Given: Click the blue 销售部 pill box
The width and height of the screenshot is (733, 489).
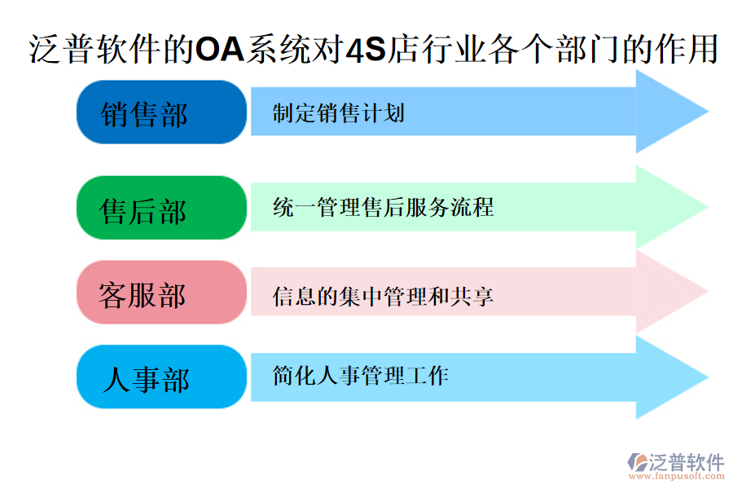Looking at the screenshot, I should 161,112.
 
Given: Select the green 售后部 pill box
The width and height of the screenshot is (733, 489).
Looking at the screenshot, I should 161,209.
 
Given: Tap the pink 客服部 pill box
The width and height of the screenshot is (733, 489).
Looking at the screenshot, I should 161,293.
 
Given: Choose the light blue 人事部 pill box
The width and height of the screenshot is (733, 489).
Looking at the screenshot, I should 161,377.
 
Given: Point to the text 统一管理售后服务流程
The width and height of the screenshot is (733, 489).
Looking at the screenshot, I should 383,207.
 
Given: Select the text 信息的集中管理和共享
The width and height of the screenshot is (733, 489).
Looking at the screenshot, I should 383,296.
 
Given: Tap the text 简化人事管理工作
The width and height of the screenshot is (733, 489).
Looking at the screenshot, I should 361,376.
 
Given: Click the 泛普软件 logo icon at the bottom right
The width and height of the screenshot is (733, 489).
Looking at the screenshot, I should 636,462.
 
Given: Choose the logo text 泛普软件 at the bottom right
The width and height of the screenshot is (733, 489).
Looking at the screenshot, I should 686,462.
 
